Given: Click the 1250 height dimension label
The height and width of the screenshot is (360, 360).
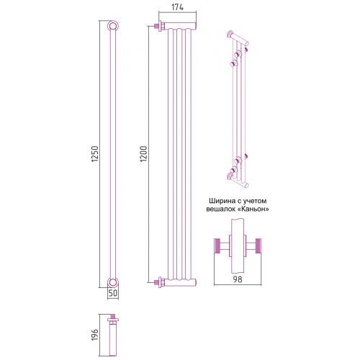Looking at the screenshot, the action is coord(95,153).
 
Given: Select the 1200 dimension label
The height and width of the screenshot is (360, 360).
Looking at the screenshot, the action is coord(143,153).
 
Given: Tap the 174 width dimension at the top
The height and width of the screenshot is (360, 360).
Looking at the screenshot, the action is coord(177,7).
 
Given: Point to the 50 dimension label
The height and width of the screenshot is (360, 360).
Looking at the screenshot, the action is coord(113,293).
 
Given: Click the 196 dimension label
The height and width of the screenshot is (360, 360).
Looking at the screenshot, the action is coord(95,335).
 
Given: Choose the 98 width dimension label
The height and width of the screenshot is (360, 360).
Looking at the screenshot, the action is coord(238,279).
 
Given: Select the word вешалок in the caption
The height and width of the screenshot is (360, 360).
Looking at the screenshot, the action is coord(221,209).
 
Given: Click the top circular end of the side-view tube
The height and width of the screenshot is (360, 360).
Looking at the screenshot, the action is coord(112,26).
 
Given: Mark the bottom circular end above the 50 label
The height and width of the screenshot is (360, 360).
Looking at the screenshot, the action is coord(112,282).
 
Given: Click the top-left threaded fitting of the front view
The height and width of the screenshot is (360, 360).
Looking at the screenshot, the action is coord(160,26).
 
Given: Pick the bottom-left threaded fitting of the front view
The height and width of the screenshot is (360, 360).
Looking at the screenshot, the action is coord(160,282).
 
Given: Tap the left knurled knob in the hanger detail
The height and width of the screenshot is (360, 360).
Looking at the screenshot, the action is coord(217,246).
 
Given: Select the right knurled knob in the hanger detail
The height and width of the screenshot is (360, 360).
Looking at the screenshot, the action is coord(258,246).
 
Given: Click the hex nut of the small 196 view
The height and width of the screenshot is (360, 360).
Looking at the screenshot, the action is coord(113,320).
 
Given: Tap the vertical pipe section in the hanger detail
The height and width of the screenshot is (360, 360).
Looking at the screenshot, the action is coord(238,246).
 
